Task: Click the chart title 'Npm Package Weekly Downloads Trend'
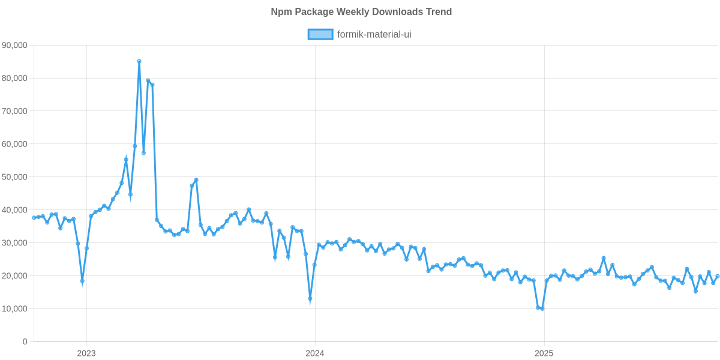click(x=361, y=12)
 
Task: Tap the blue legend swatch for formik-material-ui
click(x=320, y=34)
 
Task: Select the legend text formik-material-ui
click(x=374, y=34)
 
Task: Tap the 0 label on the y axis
click(x=25, y=342)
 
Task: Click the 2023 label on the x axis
click(x=86, y=353)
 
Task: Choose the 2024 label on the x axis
click(x=314, y=353)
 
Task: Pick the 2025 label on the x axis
click(x=544, y=353)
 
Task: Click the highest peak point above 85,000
click(x=139, y=61)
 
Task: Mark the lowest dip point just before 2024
click(x=310, y=299)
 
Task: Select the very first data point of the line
click(x=34, y=218)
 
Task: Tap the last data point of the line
click(x=718, y=276)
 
